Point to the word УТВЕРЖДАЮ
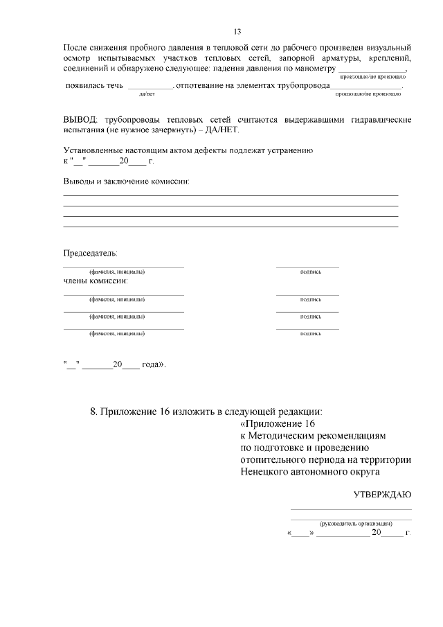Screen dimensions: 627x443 click(x=383, y=495)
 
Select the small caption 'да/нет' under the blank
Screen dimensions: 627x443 click(x=147, y=94)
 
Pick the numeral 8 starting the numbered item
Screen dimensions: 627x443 click(x=93, y=412)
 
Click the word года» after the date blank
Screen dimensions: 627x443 click(x=154, y=364)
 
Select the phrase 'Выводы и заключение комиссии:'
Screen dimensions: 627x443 click(x=126, y=182)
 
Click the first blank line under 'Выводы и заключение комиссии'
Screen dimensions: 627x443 click(x=230, y=196)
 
